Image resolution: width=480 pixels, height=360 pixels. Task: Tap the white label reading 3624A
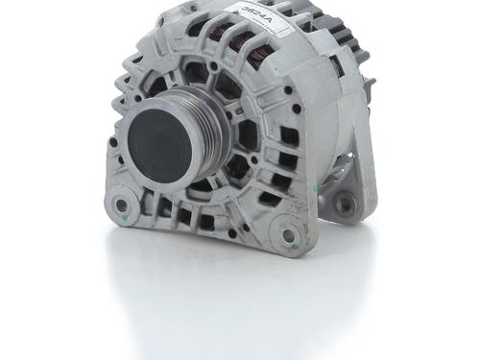coord(257,18)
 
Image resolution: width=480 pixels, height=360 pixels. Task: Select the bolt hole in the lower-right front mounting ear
coord(287,234)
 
